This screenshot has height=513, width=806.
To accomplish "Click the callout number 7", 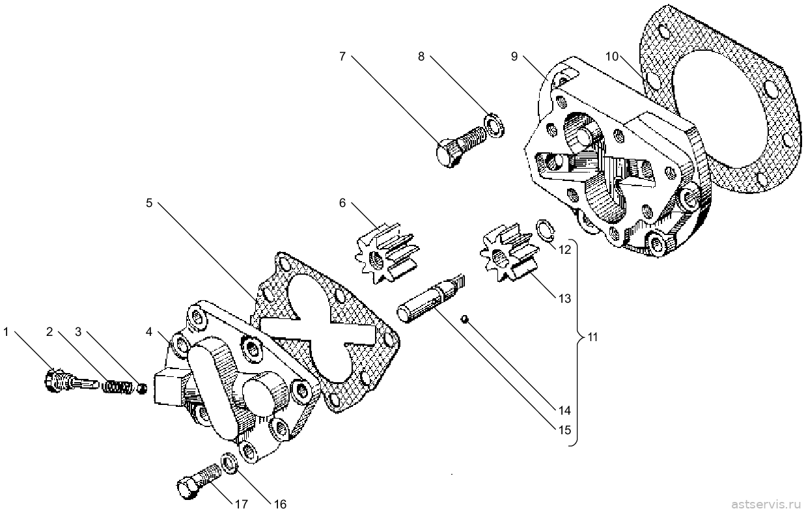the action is [x=342, y=57].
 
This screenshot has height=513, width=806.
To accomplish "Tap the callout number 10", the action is [x=612, y=57].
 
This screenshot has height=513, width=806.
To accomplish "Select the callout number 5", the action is [x=149, y=203].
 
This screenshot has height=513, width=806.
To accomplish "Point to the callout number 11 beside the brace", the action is [x=592, y=337].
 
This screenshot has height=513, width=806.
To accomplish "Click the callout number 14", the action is [x=564, y=410].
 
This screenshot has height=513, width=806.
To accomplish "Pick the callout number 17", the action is [x=241, y=505].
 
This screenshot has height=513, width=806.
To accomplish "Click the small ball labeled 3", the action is [x=143, y=389].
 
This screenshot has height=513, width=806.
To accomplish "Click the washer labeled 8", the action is [x=495, y=125].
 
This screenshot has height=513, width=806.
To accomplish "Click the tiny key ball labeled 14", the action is [x=465, y=319].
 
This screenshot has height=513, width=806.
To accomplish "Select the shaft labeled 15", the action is [x=430, y=299].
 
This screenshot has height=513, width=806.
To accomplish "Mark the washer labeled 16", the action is [x=230, y=463].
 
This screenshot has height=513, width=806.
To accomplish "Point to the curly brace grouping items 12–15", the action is [x=577, y=342].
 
